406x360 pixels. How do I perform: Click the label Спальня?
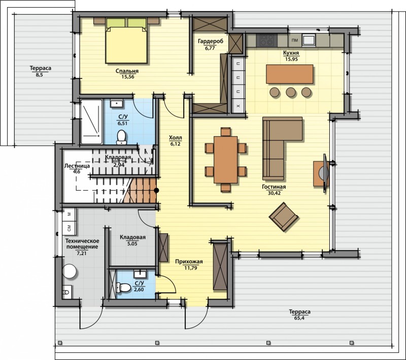[127, 71]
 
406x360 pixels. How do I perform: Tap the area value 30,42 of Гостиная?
[274, 193]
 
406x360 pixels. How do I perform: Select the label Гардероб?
[211, 41]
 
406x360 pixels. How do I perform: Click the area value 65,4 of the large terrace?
[299, 318]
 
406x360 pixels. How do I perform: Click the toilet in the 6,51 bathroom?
[121, 137]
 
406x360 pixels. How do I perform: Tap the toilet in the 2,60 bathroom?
[123, 287]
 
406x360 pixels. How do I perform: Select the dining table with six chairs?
[225, 160]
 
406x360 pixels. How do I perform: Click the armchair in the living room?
[284, 217]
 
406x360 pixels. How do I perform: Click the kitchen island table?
[289, 74]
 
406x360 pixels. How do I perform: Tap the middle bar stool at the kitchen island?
[291, 92]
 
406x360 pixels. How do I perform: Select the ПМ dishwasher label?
[295, 41]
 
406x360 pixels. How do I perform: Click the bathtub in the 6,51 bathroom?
[91, 122]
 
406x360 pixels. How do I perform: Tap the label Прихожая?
[189, 262]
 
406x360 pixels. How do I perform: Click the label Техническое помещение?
[82, 243]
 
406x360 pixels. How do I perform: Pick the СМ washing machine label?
[69, 228]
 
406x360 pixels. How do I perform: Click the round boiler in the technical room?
[70, 271]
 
